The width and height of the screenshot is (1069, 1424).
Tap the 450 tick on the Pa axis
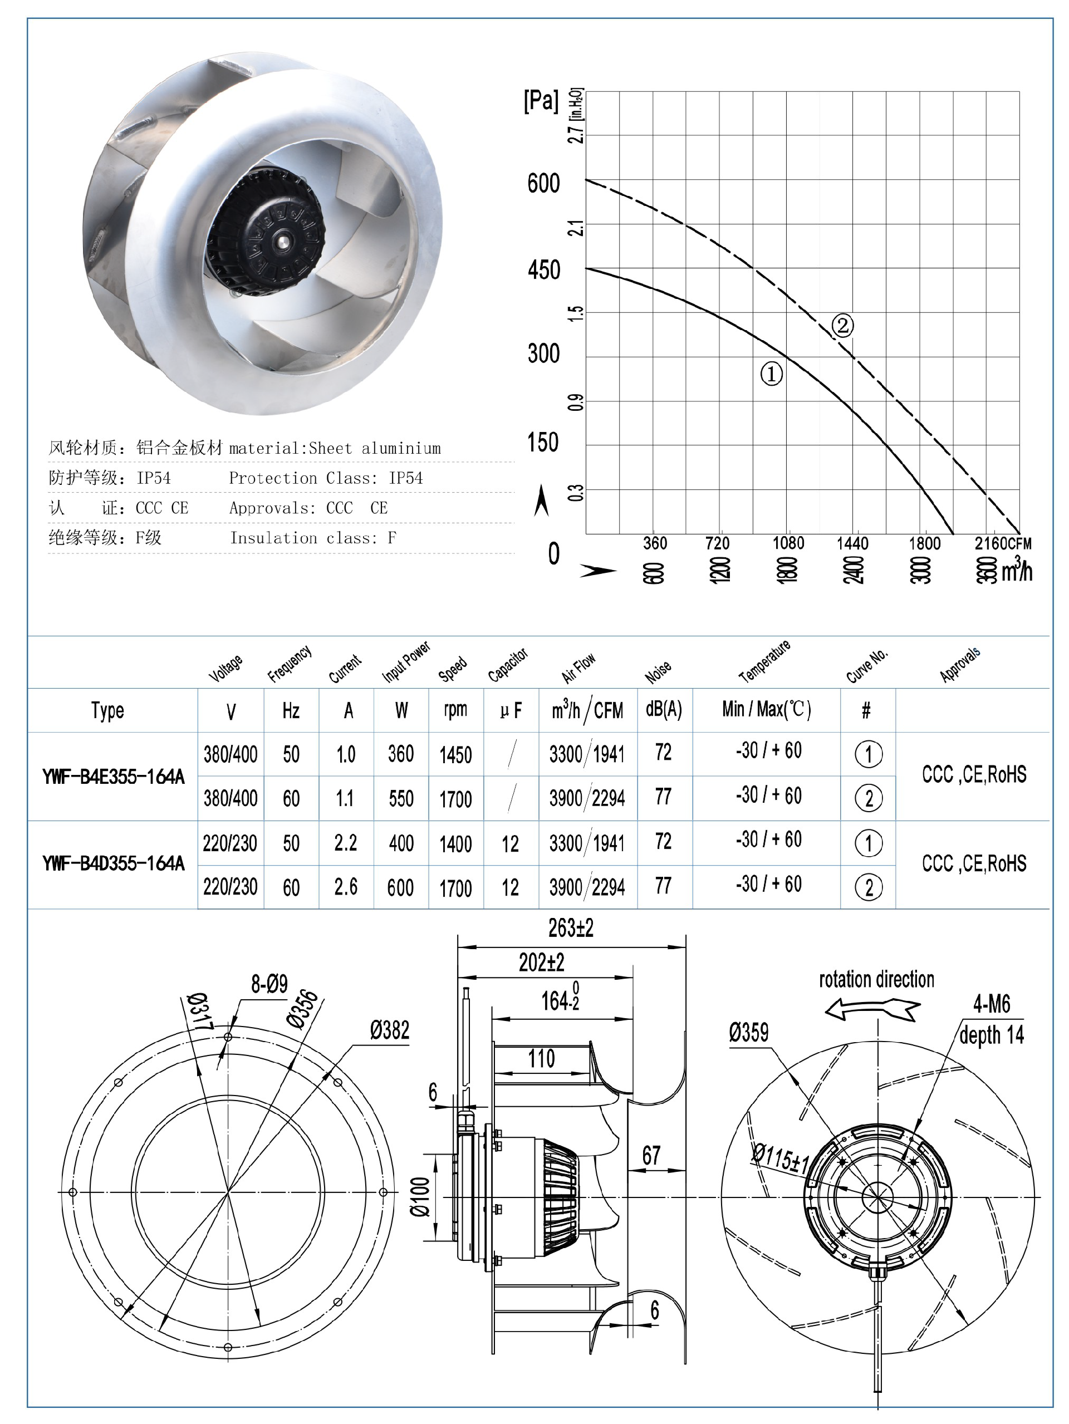pyautogui.click(x=544, y=271)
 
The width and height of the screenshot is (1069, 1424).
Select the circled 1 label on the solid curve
pyautogui.click(x=772, y=374)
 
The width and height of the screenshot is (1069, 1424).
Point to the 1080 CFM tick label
pyautogui.click(x=788, y=543)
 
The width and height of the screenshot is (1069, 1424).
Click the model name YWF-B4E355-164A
pyautogui.click(x=114, y=777)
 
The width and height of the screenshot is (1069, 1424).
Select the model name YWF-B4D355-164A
pyautogui.click(x=114, y=863)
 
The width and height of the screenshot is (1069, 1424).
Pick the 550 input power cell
pyautogui.click(x=400, y=799)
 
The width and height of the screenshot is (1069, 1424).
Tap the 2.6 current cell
pyautogui.click(x=346, y=887)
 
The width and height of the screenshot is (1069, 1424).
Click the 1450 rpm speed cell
pyautogui.click(x=455, y=754)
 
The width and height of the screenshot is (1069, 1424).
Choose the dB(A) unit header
pyautogui.click(x=664, y=709)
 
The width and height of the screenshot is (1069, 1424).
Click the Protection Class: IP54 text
pyautogui.click(x=326, y=478)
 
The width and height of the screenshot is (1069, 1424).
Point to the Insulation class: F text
pyautogui.click(x=313, y=538)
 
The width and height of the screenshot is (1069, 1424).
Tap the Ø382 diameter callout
pyautogui.click(x=389, y=1030)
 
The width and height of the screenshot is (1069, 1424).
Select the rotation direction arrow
pyautogui.click(x=872, y=1009)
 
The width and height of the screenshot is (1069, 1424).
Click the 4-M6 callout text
pyautogui.click(x=991, y=1004)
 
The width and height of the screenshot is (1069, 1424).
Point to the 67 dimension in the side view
pyautogui.click(x=651, y=1156)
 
